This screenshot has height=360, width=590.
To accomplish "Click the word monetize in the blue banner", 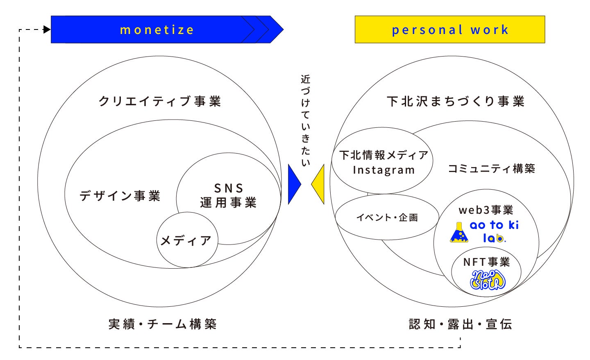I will [157, 30].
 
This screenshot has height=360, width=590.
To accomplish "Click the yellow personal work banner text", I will [450, 30].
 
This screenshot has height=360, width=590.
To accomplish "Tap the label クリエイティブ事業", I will [160, 101].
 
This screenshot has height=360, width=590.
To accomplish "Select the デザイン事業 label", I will [120, 196].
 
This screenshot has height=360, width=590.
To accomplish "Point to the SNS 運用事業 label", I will [229, 195].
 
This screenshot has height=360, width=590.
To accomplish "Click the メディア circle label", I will [186, 240].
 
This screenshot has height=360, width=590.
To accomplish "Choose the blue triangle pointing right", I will [293, 184].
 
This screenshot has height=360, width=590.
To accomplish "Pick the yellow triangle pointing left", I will [319, 184].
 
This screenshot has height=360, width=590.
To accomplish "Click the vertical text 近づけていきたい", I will [306, 121].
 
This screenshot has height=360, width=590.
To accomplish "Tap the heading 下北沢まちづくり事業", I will [456, 101].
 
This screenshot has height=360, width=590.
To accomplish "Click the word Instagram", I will [383, 170].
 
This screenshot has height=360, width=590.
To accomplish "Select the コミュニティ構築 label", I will [491, 168].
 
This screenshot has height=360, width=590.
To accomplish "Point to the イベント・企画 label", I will [387, 217].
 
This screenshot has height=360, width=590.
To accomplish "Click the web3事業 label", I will [486, 210].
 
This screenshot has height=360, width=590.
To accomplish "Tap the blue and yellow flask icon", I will [459, 233].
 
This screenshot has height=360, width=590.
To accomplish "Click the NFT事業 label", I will [486, 262].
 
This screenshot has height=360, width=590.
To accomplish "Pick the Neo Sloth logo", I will [488, 280].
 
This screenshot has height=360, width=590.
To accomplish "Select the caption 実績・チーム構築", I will [162, 324].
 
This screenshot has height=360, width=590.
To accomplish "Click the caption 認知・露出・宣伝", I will [461, 324].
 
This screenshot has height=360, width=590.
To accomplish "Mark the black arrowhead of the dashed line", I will [47, 29].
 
